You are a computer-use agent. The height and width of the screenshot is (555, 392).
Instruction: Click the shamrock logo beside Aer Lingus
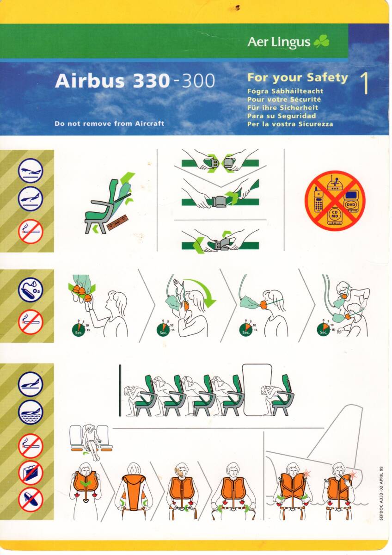pyautogui.click(x=321, y=42)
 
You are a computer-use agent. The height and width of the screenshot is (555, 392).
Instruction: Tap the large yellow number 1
pyautogui.click(x=365, y=84)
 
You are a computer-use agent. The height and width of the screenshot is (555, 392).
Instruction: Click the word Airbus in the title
pyautogui.click(x=90, y=81)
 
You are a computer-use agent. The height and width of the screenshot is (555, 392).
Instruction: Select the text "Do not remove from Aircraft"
pyautogui.click(x=109, y=123)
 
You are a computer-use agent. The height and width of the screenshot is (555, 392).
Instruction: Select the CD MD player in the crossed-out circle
pyautogui.click(x=334, y=216)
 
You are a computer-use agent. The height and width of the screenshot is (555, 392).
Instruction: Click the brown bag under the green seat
pyautogui.click(x=119, y=224)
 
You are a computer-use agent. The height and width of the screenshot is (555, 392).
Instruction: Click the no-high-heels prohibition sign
pyautogui.click(x=31, y=499)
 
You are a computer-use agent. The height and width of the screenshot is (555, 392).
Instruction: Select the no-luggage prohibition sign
pyautogui.click(x=31, y=473)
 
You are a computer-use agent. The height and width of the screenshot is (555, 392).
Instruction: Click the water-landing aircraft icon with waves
pyautogui.click(x=31, y=412)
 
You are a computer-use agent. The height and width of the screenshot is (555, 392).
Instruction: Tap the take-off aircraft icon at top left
pyautogui.click(x=31, y=171)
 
